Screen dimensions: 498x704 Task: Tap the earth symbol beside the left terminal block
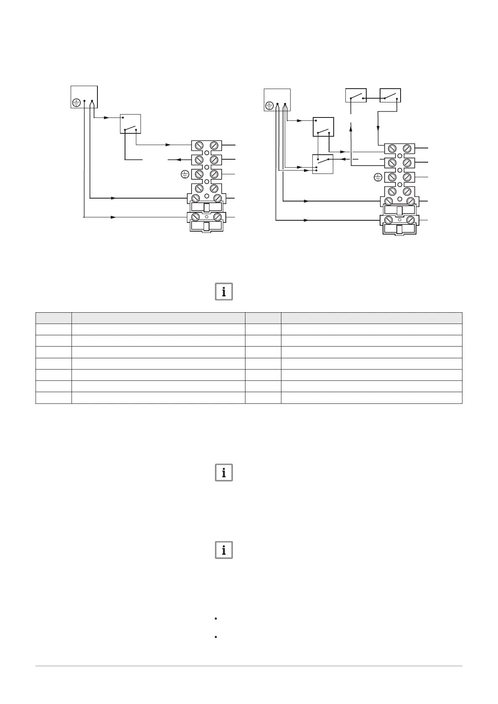click(x=185, y=174)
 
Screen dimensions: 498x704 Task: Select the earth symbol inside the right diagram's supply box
click(x=269, y=106)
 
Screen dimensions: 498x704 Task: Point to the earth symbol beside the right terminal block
click(x=378, y=178)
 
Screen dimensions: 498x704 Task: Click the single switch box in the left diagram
click(x=130, y=124)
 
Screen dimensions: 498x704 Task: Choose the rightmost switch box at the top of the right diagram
click(x=390, y=95)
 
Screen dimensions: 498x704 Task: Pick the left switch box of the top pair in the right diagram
click(x=356, y=95)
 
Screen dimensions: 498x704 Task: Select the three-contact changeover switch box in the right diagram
click(x=323, y=164)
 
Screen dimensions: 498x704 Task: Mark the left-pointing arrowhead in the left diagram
click(x=170, y=160)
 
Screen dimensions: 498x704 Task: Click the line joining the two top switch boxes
click(x=373, y=99)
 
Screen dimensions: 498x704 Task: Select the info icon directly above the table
click(x=224, y=292)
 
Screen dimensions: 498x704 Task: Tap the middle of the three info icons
click(x=224, y=472)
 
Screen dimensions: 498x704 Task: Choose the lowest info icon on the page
click(x=224, y=550)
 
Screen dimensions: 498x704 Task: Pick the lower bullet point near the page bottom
click(x=215, y=637)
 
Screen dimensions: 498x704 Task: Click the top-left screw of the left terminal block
click(x=199, y=145)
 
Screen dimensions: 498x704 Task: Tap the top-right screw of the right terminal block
click(x=407, y=148)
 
